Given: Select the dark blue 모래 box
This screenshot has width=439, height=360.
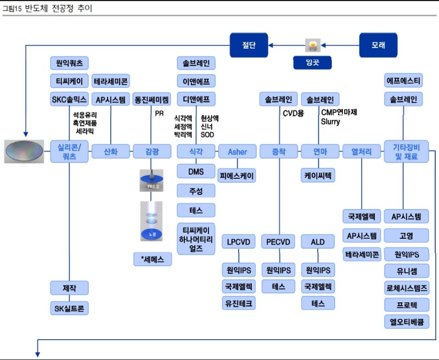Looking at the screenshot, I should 378,44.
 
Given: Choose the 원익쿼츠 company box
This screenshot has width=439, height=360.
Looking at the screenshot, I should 69,63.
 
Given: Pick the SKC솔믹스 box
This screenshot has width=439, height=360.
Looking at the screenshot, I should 69,99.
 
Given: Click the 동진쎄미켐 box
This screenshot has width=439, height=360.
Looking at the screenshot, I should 152,99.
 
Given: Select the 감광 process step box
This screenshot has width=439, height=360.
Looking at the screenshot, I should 152,151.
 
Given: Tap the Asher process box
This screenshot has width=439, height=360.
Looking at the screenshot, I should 238,151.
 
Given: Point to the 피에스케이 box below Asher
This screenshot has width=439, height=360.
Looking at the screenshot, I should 238,176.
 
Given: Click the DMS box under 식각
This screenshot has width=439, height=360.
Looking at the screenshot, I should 196,172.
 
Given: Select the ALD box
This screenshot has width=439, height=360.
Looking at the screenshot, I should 318,241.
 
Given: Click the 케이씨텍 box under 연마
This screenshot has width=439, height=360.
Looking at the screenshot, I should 318,176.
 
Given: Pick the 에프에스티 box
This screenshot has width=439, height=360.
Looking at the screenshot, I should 403,81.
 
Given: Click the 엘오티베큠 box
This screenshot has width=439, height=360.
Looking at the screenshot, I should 406,322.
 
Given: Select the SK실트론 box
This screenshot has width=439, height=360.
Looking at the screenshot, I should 69,308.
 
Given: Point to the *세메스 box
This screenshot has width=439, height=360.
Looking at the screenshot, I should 152,259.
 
